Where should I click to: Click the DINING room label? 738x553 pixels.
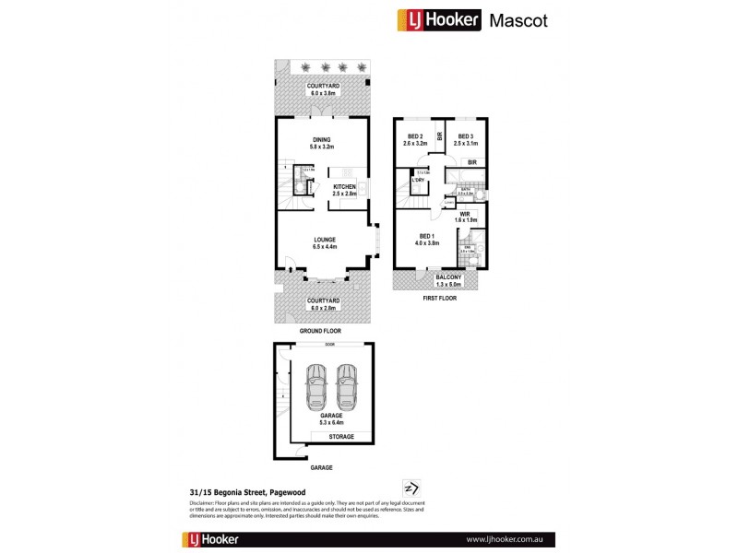click(x=320, y=139)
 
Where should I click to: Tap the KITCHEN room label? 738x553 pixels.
click(x=344, y=186)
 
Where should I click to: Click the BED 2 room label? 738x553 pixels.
click(x=412, y=137)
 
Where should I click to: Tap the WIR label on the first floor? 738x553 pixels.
click(x=465, y=214)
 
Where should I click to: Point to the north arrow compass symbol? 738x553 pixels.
click(x=411, y=488)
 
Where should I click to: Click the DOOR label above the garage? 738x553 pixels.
click(x=329, y=345)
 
